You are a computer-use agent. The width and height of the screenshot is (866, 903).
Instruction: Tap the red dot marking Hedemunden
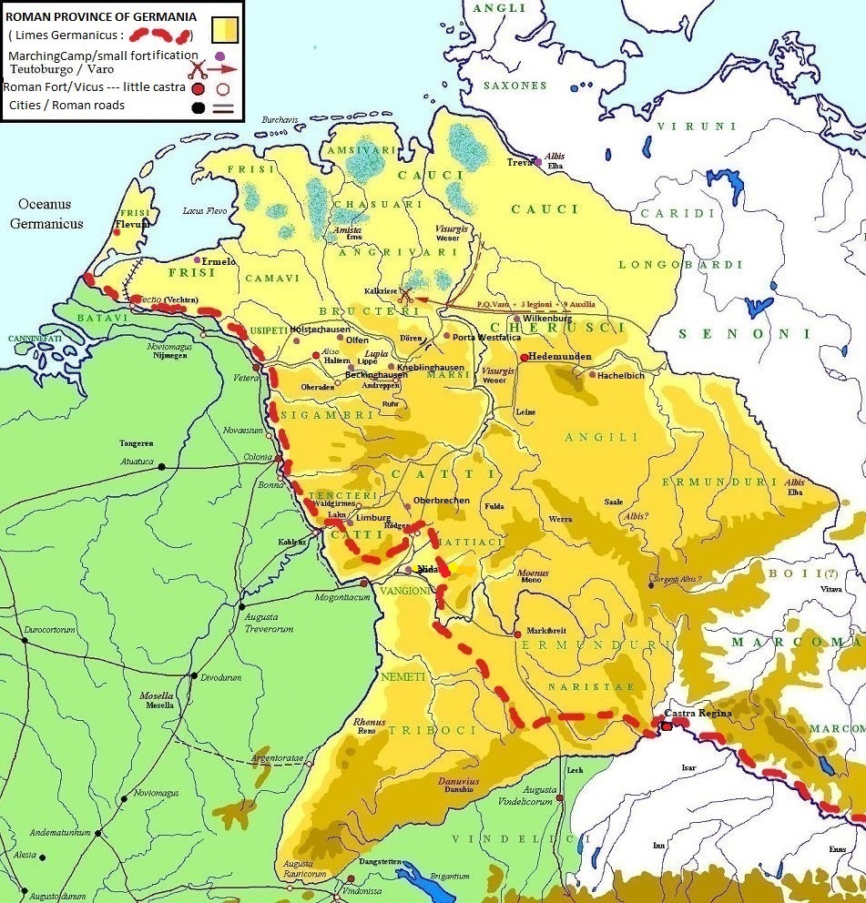point(525,358)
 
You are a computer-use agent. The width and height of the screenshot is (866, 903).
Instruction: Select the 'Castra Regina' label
point(698,713)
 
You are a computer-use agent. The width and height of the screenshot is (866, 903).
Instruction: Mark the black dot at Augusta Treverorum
point(242,605)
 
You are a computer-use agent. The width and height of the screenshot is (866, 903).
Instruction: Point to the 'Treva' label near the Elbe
point(519,162)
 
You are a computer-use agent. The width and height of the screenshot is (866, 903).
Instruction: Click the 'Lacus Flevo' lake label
point(203,210)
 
